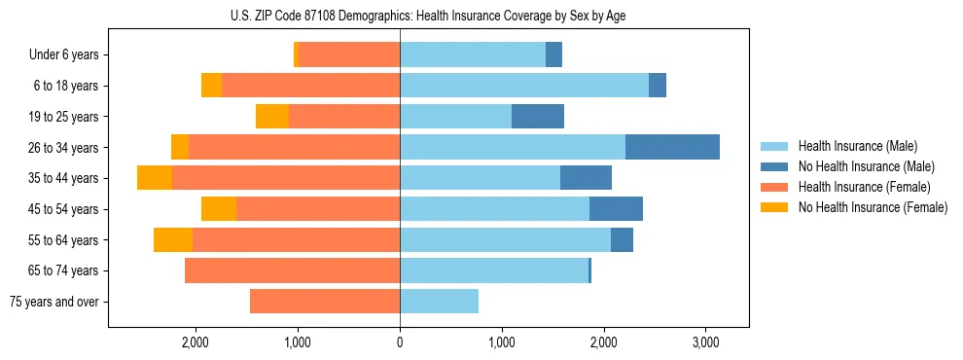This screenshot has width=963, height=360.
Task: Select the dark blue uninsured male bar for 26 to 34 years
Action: (672, 147)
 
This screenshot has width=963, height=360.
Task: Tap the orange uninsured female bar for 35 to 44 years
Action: (155, 178)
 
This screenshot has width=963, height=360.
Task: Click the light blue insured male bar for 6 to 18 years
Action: (524, 86)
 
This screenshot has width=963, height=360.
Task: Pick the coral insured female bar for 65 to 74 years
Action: (292, 270)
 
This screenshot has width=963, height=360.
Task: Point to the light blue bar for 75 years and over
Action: (439, 302)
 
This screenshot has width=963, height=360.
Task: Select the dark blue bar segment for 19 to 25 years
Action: (538, 117)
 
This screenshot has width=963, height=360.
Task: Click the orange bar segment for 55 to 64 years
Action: (173, 239)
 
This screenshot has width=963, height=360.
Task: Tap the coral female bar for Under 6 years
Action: (350, 54)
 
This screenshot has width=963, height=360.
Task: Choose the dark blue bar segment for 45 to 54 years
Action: (616, 209)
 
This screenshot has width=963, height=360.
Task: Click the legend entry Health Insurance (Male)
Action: (858, 146)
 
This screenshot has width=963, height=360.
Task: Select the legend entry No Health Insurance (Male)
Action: (866, 166)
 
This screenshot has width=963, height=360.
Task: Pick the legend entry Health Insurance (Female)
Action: (864, 187)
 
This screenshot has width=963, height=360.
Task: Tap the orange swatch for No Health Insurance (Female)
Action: (774, 207)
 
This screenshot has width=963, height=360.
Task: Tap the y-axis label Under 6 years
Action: (63, 55)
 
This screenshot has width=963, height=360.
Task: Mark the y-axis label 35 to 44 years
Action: (65, 178)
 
